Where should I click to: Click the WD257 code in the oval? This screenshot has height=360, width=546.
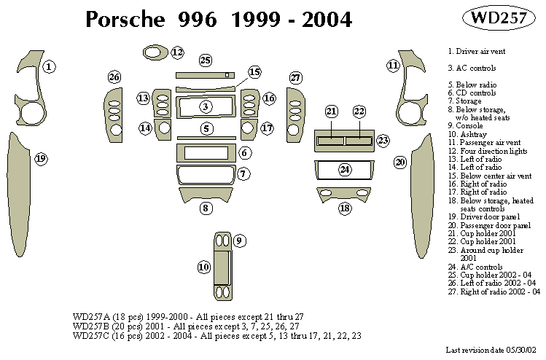coord(494,20)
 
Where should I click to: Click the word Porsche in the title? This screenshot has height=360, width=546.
coord(128,20)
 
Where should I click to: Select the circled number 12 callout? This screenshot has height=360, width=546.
coord(177,52)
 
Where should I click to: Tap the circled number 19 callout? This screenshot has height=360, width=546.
coord(41,158)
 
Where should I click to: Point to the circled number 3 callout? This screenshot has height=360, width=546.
coord(206,107)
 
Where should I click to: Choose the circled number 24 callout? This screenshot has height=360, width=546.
coord(345,169)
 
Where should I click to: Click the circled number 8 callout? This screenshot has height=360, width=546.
coord(207,208)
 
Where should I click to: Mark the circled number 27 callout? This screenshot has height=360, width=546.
coord(295,77)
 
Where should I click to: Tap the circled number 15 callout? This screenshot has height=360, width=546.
coord(254,72)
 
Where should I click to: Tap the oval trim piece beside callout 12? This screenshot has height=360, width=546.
coord(154,52)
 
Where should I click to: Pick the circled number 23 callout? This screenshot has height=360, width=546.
coord(382,141)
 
